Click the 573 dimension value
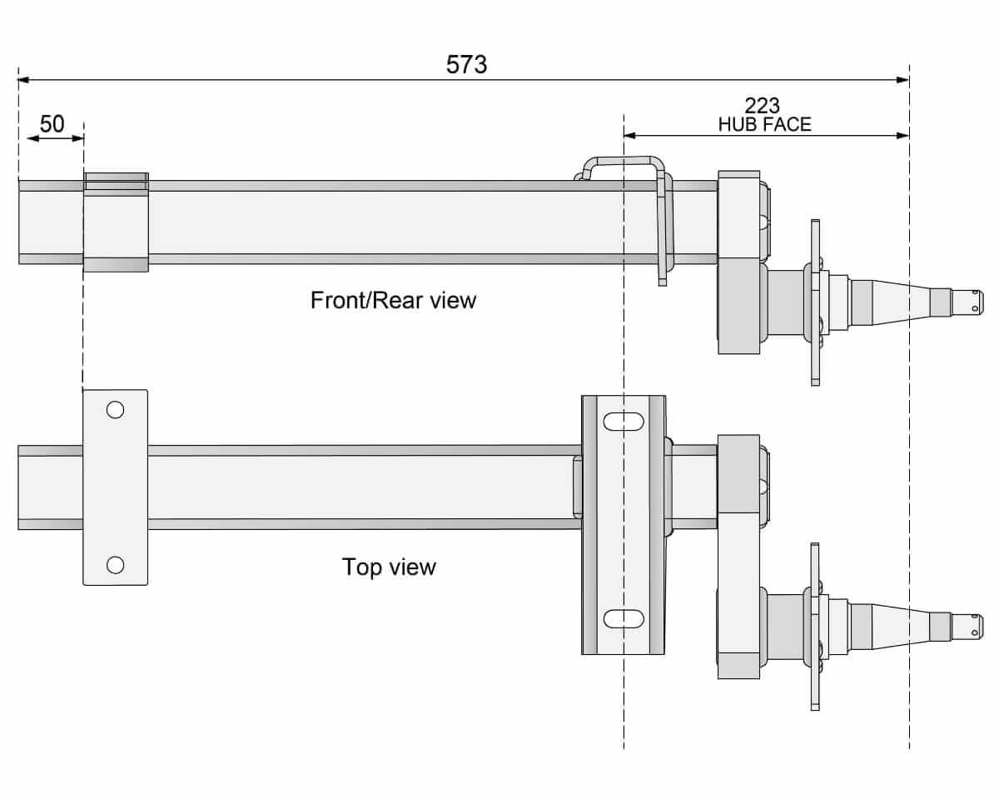coord(466,64)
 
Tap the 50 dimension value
coord(52,124)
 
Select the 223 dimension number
coord(762,106)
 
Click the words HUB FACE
coord(764,125)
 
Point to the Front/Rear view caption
coord(393,300)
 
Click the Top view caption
coord(389,567)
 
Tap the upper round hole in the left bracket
coord(116,409)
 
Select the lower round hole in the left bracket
coord(116,565)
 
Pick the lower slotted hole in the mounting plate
coord(624,618)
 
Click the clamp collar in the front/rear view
coord(116,222)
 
